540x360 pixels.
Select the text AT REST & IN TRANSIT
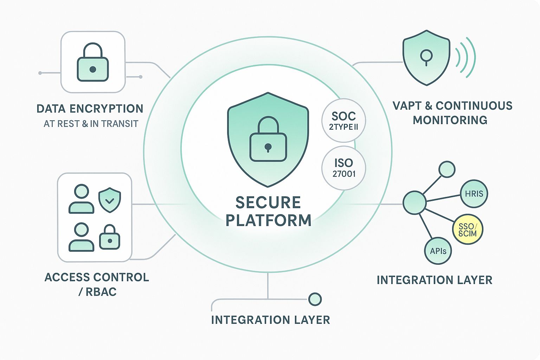pos(91,124)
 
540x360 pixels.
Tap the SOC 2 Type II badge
pos(343,120)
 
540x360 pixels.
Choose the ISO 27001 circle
pos(343,168)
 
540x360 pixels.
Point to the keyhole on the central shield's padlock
pos(268,147)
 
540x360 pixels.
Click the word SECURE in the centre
pos(268,202)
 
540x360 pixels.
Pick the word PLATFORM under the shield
pos(268,220)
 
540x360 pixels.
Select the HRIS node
pos(474,194)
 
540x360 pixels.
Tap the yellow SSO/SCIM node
pos(468,230)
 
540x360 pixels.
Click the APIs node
pos(438,251)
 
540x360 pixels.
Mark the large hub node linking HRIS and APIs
pos(414,203)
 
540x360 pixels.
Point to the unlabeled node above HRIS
pos(447,169)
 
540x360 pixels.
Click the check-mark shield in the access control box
pos(110,200)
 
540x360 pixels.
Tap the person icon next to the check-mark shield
pos(82,199)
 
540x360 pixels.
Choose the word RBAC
pos(101,292)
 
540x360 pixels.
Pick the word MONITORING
pos(450,120)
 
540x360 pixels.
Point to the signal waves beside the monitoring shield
pos(465,57)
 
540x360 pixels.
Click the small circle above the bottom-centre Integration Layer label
pos(315,299)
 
